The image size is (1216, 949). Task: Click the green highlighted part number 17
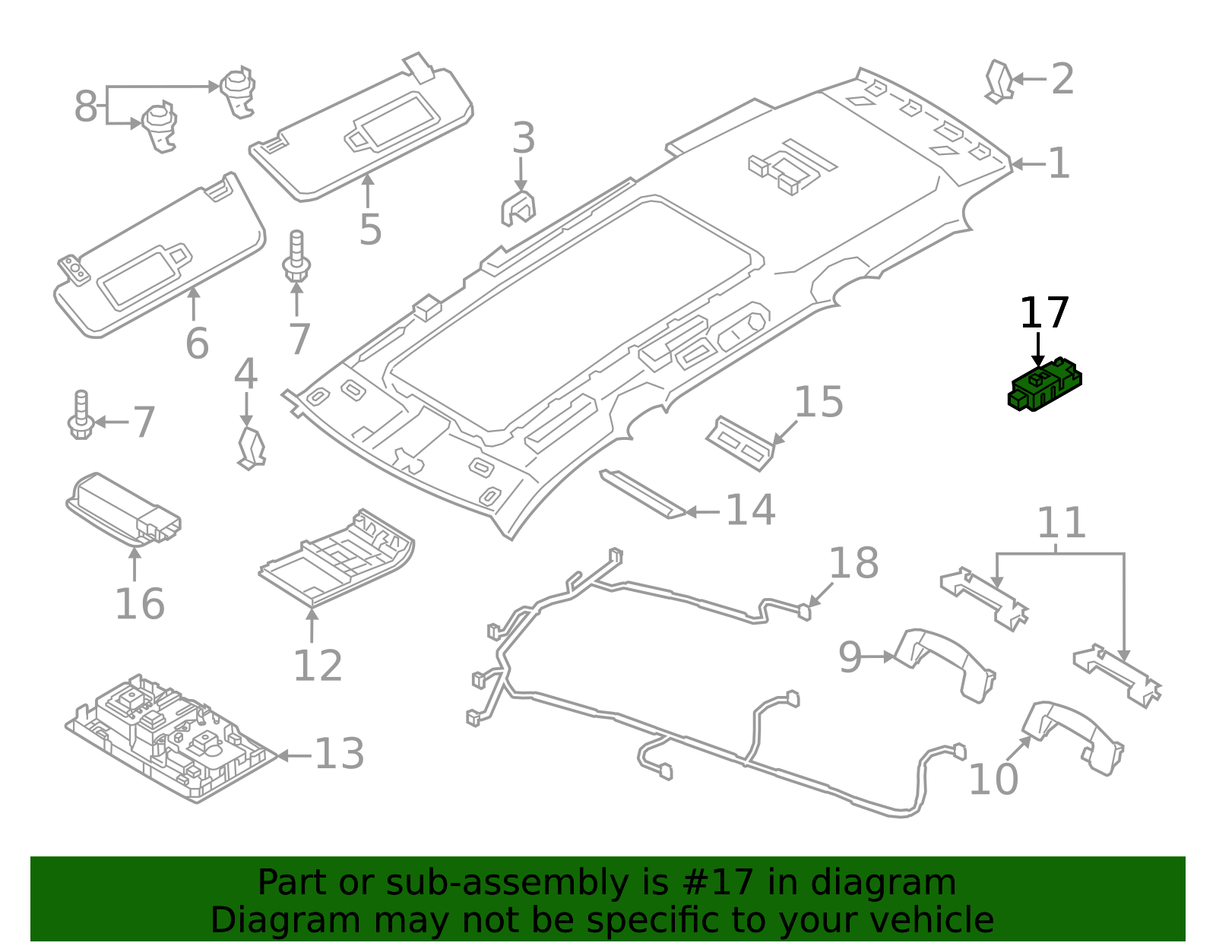1043,386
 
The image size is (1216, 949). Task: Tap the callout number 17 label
1043,313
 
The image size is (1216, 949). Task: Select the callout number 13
339,754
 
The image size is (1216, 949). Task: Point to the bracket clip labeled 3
518,207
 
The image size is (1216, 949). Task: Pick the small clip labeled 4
251,448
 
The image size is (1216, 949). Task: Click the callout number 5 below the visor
369,229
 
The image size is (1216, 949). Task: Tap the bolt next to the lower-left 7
81,416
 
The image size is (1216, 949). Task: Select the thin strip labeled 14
642,493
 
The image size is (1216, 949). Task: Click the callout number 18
853,564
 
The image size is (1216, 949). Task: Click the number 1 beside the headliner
1059,163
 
